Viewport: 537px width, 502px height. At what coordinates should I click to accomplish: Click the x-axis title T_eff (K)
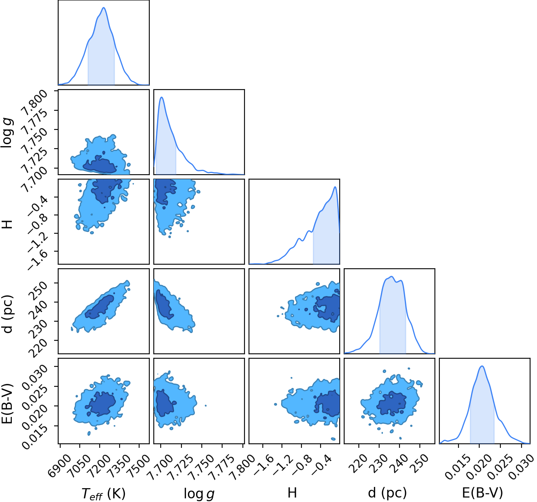(x=103, y=493)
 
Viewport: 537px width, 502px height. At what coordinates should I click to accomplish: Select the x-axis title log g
(x=199, y=494)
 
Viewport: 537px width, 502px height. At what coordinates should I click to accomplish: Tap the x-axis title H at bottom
(x=292, y=493)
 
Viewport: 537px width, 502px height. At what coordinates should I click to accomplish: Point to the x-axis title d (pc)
(x=387, y=493)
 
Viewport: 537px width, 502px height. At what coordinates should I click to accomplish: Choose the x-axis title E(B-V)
(x=482, y=493)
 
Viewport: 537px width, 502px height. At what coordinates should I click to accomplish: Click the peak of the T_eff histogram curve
(x=104, y=7)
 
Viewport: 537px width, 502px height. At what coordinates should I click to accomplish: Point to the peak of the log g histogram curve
(x=162, y=97)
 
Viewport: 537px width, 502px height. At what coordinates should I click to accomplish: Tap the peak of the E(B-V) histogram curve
(x=482, y=366)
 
